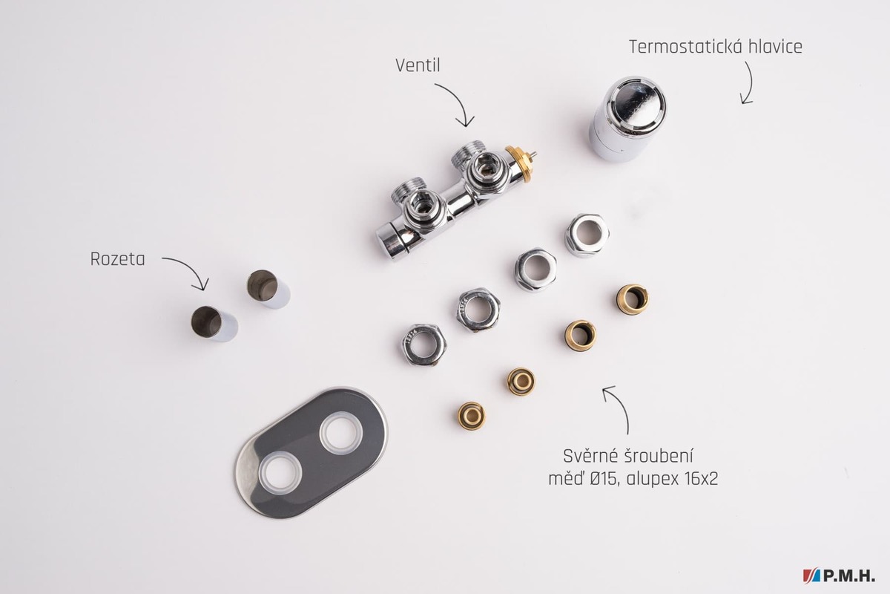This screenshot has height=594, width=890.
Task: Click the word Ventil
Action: tap(418, 65)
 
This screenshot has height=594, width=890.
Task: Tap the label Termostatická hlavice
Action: tap(716, 47)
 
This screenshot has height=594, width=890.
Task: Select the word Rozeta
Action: tap(118, 259)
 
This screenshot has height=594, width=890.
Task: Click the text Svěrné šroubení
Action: tap(628, 457)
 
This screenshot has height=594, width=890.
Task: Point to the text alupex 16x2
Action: tap(672, 480)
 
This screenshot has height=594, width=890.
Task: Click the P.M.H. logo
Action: tap(838, 575)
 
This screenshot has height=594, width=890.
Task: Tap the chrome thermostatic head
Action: tap(627, 118)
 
